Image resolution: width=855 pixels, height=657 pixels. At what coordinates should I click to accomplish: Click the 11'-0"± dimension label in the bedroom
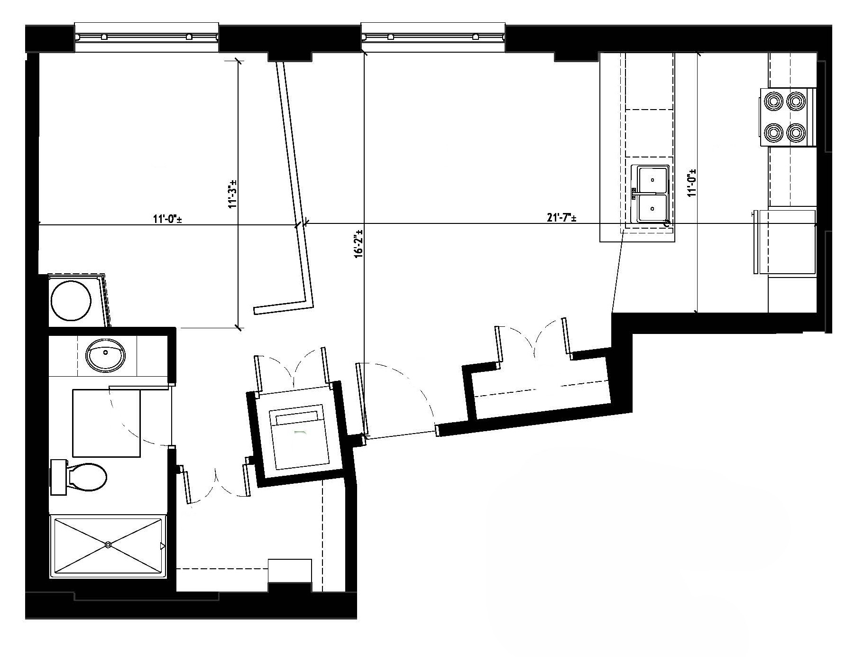pyautogui.click(x=168, y=219)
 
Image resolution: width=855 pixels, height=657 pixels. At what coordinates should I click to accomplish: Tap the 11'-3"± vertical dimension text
pyautogui.click(x=232, y=194)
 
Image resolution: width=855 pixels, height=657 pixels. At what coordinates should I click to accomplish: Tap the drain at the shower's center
pyautogui.click(x=109, y=545)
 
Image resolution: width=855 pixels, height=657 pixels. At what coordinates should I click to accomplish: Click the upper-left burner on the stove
pyautogui.click(x=773, y=101)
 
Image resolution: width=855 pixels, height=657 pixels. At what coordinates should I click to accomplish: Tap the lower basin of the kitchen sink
pyautogui.click(x=653, y=208)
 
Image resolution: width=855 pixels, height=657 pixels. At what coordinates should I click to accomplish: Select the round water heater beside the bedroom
pyautogui.click(x=71, y=301)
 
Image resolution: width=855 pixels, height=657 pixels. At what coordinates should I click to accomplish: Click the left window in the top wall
pyautogui.click(x=147, y=37)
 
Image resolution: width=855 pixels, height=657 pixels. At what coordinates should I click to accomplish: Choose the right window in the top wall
pyautogui.click(x=433, y=37)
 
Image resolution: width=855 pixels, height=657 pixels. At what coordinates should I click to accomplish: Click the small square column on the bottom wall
pyautogui.click(x=290, y=570)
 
